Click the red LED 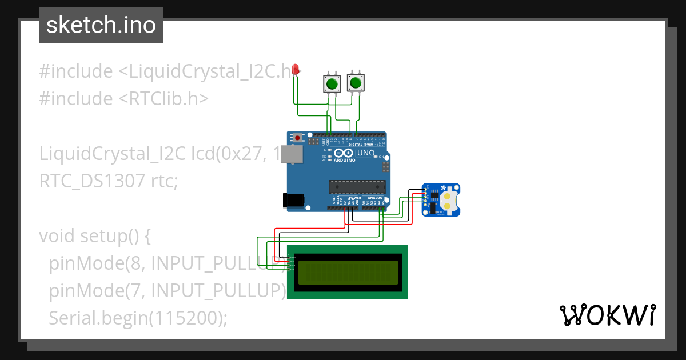pyautogui.click(x=296, y=70)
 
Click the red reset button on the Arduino pyautogui.click(x=297, y=138)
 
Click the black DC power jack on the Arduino pyautogui.click(x=293, y=200)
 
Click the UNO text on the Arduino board pyautogui.click(x=365, y=153)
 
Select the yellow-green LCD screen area pyautogui.click(x=348, y=272)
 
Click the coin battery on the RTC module pyautogui.click(x=450, y=199)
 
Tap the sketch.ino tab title pyautogui.click(x=101, y=25)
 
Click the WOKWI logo pyautogui.click(x=607, y=315)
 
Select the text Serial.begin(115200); pyautogui.click(x=138, y=318)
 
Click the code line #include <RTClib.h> pyautogui.click(x=123, y=99)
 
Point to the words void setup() pyautogui.click(x=94, y=235)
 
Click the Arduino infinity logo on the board pyautogui.click(x=342, y=153)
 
